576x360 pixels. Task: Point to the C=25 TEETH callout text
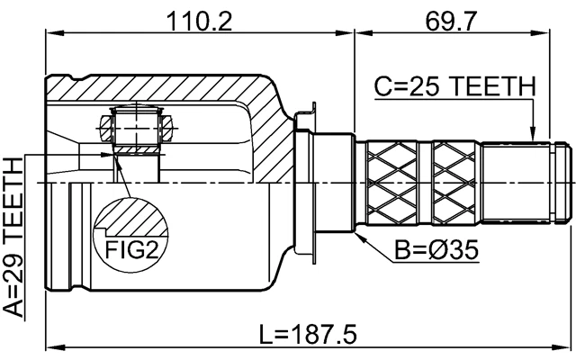pyautogui.click(x=454, y=86)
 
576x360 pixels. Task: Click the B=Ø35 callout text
pyautogui.click(x=435, y=249)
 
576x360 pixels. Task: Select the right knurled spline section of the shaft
pyautogui.click(x=455, y=180)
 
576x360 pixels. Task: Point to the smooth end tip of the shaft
pyautogui.click(x=563, y=180)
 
